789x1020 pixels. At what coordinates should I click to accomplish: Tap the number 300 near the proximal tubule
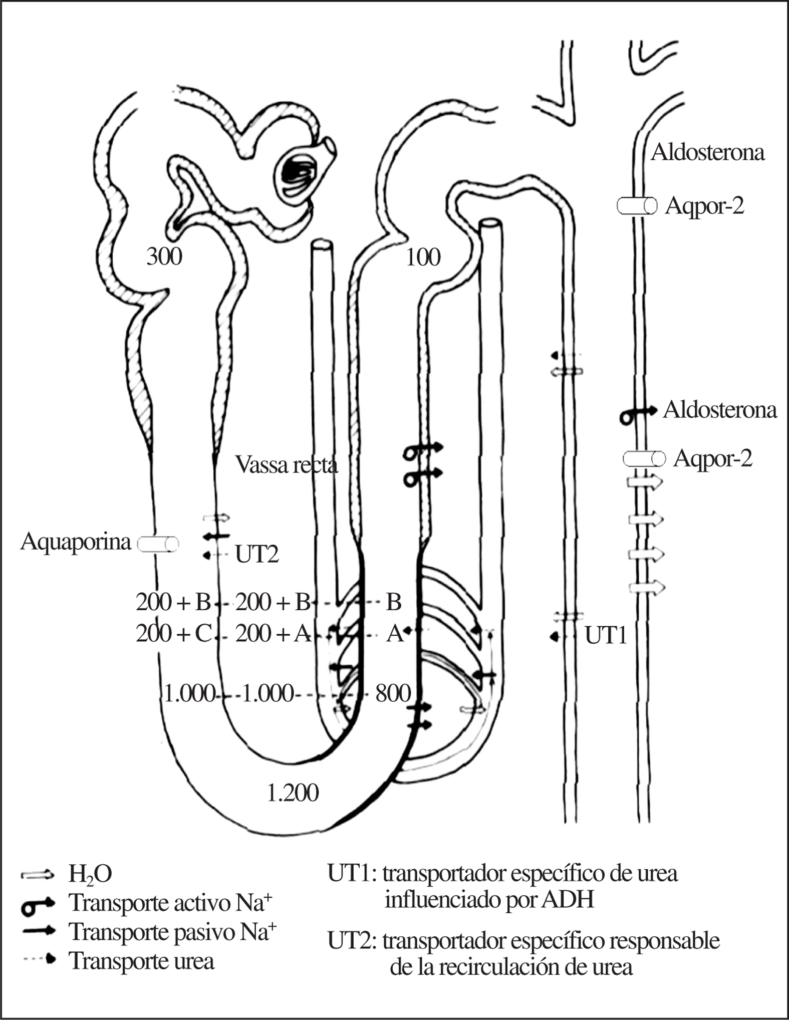[164, 257]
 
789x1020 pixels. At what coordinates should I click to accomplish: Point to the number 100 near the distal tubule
[423, 258]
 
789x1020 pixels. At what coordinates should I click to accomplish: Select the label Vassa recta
[287, 465]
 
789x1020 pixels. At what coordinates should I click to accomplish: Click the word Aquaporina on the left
[76, 542]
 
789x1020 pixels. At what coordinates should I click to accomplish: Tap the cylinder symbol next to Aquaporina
[158, 544]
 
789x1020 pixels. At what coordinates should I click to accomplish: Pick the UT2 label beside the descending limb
[256, 555]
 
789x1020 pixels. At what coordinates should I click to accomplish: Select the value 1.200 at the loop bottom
[293, 793]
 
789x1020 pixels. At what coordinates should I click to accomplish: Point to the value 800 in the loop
[393, 694]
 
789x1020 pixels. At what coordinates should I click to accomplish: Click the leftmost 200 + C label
[174, 634]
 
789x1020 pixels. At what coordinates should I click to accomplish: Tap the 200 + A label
[274, 634]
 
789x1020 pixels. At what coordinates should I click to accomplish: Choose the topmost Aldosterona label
[707, 152]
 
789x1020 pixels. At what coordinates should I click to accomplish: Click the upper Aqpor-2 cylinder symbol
[636, 205]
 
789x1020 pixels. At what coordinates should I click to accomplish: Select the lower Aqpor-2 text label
[712, 458]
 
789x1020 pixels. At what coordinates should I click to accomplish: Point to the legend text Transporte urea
[142, 961]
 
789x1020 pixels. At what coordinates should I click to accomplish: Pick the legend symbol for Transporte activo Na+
[37, 903]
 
